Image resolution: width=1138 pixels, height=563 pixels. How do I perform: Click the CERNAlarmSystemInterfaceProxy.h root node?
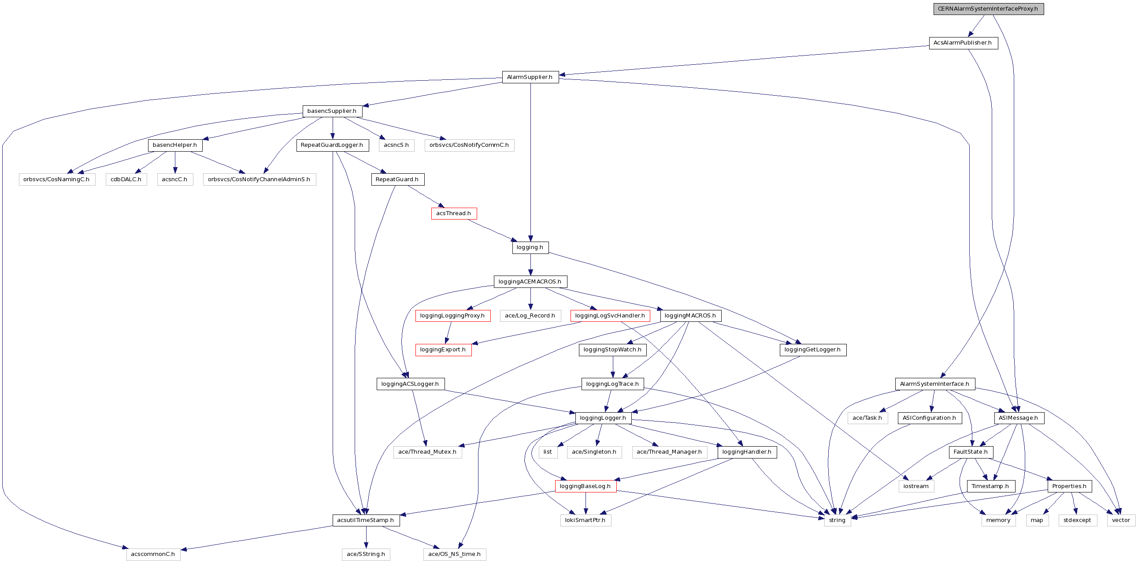988,9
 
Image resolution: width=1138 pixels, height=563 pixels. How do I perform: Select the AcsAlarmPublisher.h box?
963,43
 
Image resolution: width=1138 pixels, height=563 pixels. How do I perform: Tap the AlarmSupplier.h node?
530,77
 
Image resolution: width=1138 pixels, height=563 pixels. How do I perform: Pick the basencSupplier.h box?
332,111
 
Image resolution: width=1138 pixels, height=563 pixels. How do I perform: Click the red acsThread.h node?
454,213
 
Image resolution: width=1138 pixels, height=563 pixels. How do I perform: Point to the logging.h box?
530,247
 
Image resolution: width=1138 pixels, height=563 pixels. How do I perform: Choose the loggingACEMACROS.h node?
530,281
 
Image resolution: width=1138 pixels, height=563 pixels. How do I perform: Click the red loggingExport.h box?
443,350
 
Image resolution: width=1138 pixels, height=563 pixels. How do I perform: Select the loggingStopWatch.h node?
613,350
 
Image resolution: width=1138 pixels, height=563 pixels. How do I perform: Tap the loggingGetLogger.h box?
813,350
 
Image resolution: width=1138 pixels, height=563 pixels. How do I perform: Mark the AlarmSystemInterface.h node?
935,384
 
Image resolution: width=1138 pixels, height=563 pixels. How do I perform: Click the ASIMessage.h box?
1019,418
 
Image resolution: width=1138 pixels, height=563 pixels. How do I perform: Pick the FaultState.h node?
971,452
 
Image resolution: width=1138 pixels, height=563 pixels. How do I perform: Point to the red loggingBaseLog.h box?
586,486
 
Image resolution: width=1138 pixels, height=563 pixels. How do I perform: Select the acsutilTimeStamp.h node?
366,520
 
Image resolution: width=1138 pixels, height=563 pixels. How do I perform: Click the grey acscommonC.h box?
153,554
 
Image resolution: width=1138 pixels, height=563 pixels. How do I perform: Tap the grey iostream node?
916,486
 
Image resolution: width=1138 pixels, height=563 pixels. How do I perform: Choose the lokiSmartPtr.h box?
586,520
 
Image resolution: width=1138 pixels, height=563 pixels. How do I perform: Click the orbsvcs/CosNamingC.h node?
56,179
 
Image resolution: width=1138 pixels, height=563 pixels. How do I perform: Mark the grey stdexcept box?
1078,520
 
